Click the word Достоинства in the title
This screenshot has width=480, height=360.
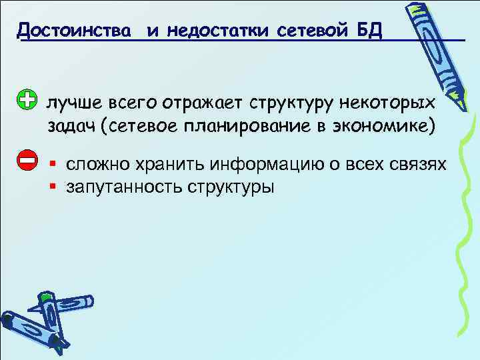[74, 29]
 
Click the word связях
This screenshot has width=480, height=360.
[417, 163]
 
